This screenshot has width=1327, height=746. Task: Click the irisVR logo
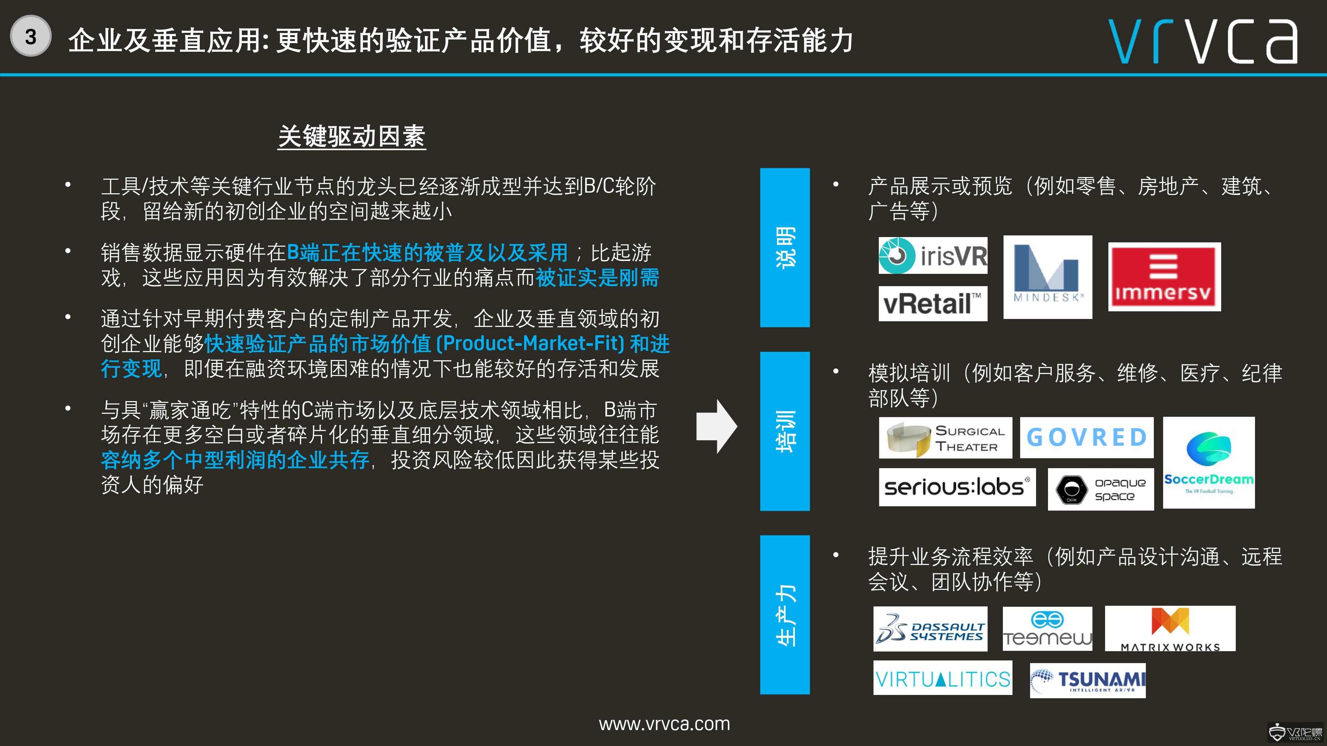pyautogui.click(x=933, y=255)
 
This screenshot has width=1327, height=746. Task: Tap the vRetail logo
pyautogui.click(x=933, y=304)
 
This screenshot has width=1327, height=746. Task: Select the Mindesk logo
pyautogui.click(x=1048, y=277)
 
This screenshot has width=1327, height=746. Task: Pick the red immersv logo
pyautogui.click(x=1164, y=277)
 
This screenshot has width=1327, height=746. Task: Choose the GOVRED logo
pyautogui.click(x=1087, y=438)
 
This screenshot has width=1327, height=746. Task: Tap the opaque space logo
pyautogui.click(x=1101, y=489)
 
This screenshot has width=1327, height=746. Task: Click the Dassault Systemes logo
pyautogui.click(x=930, y=629)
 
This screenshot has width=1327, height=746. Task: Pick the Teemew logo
pyautogui.click(x=1047, y=629)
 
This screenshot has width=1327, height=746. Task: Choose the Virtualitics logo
pyautogui.click(x=943, y=678)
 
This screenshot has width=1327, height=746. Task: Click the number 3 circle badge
pyautogui.click(x=31, y=36)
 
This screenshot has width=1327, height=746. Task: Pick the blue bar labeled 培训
pyautogui.click(x=785, y=431)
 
